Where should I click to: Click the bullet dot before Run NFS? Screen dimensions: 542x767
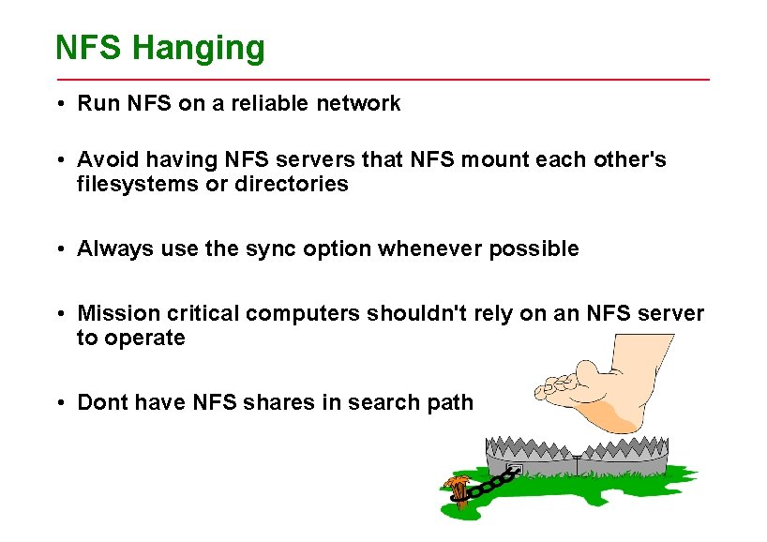59,104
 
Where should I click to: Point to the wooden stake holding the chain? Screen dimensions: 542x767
458,491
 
